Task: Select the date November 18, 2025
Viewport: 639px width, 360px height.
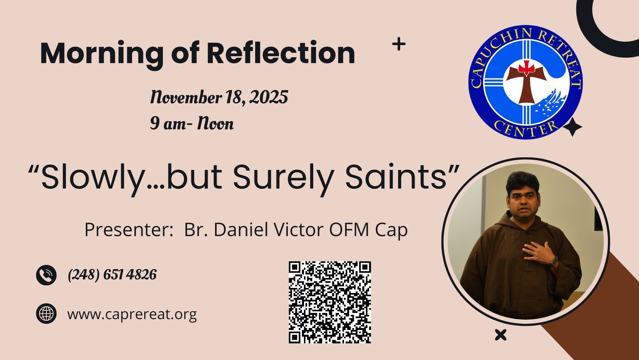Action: tap(219, 97)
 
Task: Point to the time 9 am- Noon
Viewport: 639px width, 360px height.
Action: tap(192, 124)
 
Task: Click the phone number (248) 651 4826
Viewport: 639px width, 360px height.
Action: tap(112, 275)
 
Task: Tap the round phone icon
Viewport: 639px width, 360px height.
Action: tap(46, 275)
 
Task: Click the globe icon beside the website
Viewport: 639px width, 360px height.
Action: tap(46, 314)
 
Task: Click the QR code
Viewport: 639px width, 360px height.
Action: tap(330, 302)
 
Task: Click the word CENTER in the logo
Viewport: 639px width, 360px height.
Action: tap(526, 129)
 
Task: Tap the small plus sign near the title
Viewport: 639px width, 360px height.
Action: tap(399, 44)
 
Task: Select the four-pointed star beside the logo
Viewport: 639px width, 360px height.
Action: tap(572, 127)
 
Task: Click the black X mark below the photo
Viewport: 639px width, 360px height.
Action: tap(501, 335)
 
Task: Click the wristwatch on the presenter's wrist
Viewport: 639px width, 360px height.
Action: tap(554, 261)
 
